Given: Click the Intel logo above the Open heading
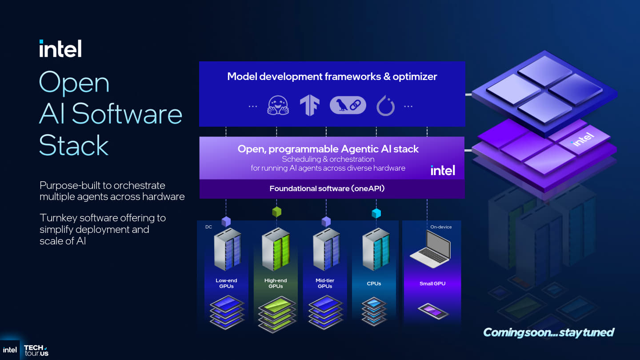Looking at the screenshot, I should (x=60, y=48).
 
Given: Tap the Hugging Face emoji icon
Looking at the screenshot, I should (x=278, y=106).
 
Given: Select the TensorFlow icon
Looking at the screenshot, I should (x=310, y=106).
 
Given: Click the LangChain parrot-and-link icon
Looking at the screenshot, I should (x=348, y=106).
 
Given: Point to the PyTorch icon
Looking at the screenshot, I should (x=385, y=106).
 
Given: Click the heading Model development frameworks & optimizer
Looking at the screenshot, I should (x=332, y=76).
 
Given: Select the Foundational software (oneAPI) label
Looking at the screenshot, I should (x=327, y=188).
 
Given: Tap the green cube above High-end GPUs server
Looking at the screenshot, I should (x=276, y=212).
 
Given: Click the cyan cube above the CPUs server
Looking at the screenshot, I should (x=376, y=213).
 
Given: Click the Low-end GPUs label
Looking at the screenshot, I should (x=226, y=283).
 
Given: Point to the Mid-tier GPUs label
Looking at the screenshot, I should (x=325, y=283).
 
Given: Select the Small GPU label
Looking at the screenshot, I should (x=432, y=284).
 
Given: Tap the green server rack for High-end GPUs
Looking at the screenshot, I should (x=276, y=249).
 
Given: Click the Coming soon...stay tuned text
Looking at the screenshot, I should (x=548, y=332).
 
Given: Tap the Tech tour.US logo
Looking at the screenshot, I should (x=36, y=350).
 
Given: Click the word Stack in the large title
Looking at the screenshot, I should (x=74, y=145).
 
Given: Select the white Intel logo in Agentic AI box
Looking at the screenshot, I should (x=443, y=170).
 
